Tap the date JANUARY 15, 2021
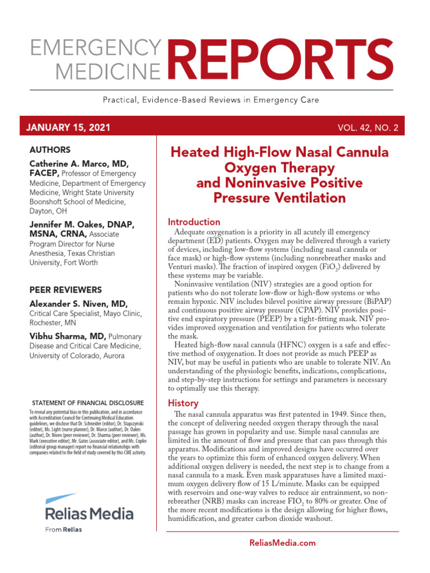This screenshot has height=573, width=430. coord(68,128)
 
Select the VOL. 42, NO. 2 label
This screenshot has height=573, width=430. coord(367,128)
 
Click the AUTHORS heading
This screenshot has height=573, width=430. coord(50,150)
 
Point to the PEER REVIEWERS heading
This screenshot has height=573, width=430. coord(66,290)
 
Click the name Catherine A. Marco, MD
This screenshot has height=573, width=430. coord(79,163)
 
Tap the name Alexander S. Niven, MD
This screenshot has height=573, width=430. coord(79,303)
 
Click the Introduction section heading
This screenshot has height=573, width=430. coord(194,222)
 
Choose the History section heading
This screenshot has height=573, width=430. coord(183,403)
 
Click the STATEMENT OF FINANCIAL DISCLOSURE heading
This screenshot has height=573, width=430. coord(88,403)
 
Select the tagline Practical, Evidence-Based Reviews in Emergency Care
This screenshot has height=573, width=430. coord(211,100)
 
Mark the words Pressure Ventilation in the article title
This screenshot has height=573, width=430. coord(279,198)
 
